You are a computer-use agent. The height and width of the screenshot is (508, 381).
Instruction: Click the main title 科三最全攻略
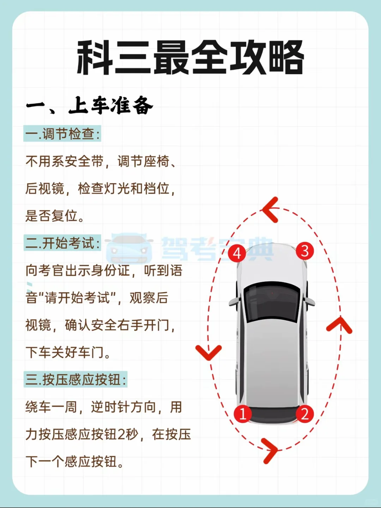(x=190, y=57)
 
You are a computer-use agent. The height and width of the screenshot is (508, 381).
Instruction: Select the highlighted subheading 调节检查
(x=62, y=134)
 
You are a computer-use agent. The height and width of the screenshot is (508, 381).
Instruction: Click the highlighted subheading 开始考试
(x=62, y=243)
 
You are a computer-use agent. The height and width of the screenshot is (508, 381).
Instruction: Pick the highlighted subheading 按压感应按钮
(x=75, y=380)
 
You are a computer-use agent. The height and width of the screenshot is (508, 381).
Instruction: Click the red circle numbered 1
(x=243, y=413)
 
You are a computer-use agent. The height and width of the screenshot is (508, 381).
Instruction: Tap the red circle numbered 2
(x=305, y=413)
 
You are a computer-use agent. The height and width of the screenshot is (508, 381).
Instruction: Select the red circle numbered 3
(x=305, y=251)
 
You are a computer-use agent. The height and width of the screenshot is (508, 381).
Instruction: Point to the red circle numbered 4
(x=237, y=253)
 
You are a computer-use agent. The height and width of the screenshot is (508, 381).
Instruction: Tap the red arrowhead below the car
(x=270, y=450)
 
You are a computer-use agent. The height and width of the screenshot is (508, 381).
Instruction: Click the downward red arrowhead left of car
(x=208, y=352)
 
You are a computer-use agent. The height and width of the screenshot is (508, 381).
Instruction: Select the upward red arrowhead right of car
(x=339, y=325)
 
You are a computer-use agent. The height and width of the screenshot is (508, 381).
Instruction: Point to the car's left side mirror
(x=234, y=302)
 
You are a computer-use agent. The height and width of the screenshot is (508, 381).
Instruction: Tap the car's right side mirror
(x=310, y=301)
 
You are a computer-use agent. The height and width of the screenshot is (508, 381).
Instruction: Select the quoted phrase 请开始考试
(x=81, y=298)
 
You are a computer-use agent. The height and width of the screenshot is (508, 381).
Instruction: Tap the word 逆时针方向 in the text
(x=123, y=407)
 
